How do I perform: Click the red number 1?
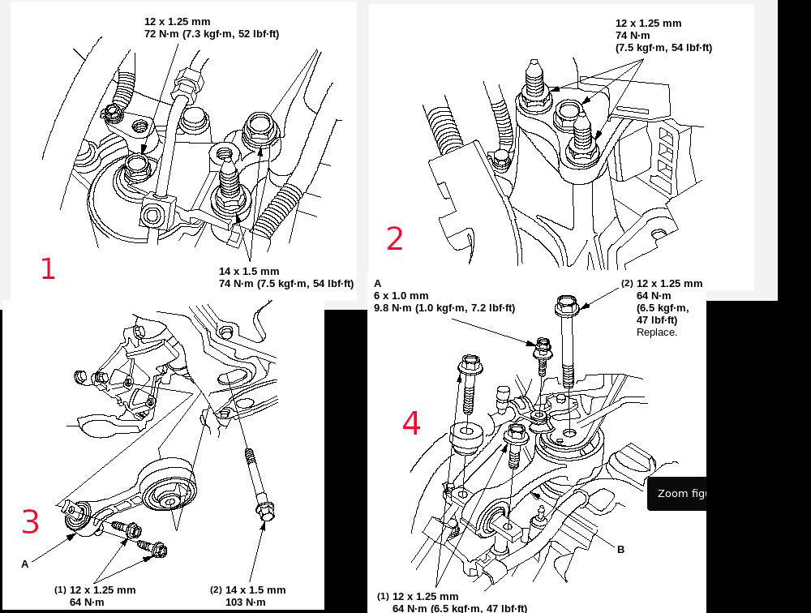pos(48,268)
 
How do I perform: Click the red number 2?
pos(394,239)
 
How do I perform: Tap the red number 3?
pos(30,522)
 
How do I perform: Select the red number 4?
pos(412,423)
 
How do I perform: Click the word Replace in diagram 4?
pos(656,332)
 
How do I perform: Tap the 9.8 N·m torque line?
pos(444,308)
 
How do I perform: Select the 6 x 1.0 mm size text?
pos(401,296)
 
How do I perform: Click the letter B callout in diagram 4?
pos(620,550)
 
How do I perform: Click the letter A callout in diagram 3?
pos(25,564)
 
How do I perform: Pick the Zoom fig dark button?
pos(676,494)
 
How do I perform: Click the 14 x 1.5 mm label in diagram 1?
pos(249,271)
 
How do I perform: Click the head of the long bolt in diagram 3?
pos(264,511)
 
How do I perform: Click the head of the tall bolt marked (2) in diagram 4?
pos(564,307)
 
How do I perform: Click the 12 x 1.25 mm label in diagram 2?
pos(649,24)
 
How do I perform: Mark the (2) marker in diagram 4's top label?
pos(627,284)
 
